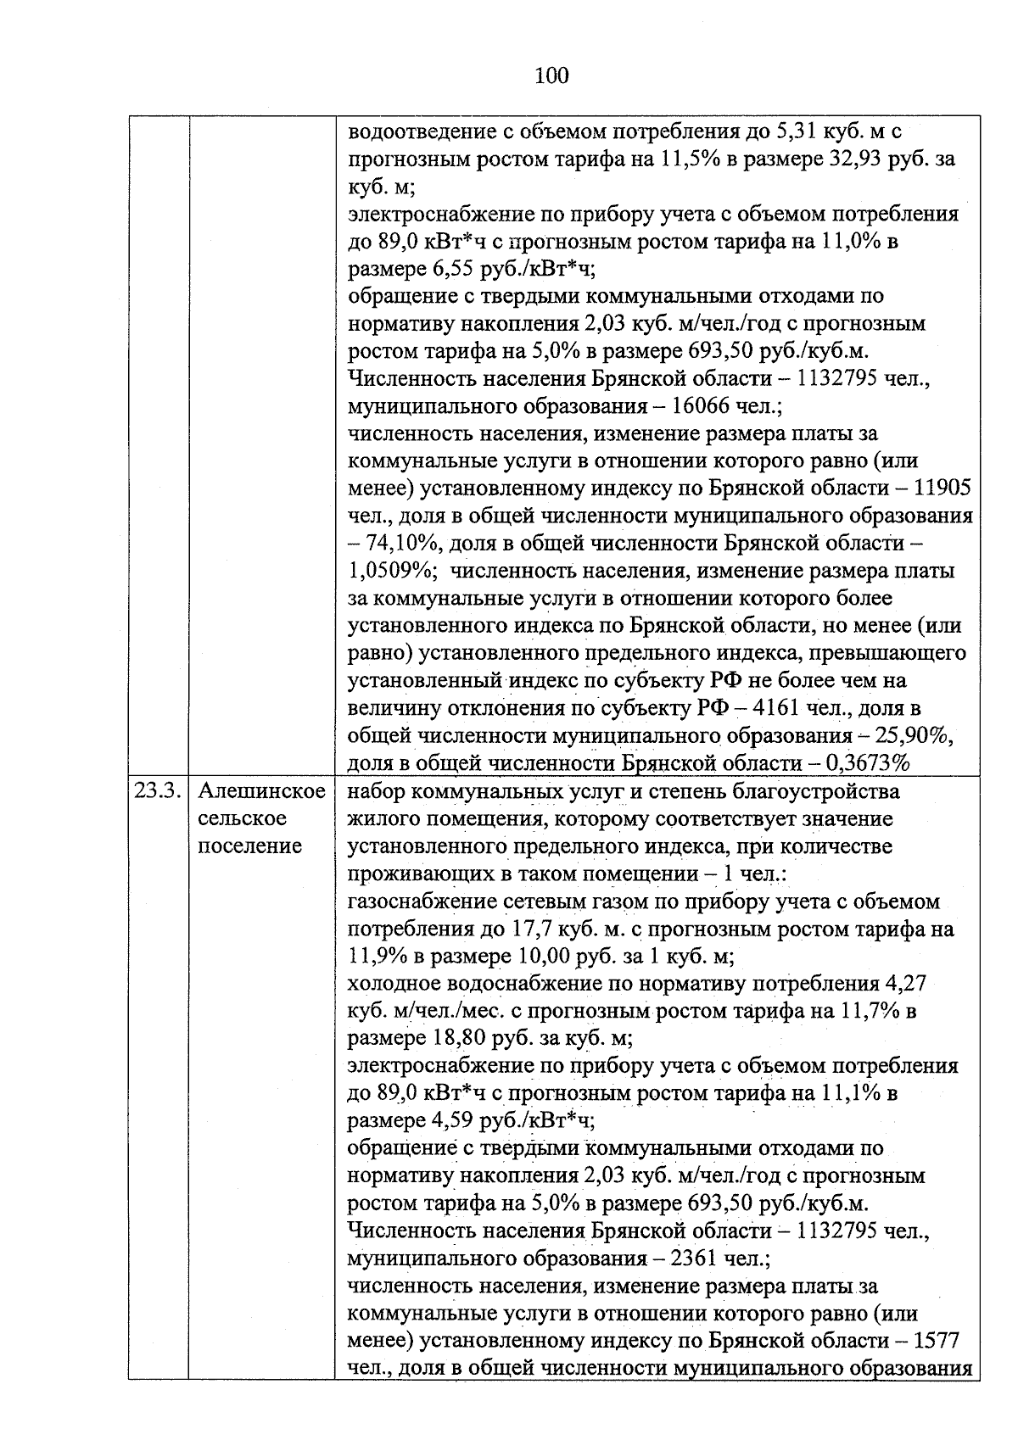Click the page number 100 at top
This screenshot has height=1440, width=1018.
551,76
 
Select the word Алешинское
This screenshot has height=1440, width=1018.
261,791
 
